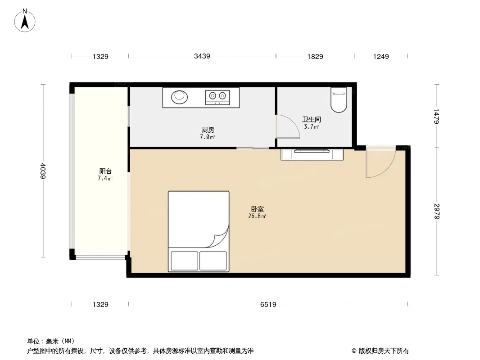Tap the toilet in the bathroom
[339, 100]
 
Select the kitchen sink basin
[179, 97]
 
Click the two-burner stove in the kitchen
[217, 97]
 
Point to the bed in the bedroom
[199, 232]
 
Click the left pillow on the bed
[184, 261]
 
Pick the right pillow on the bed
[213, 261]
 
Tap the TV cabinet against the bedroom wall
[312, 154]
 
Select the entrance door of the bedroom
[381, 162]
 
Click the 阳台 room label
[105, 171]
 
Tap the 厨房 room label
[208, 130]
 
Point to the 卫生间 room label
[312, 119]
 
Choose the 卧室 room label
[258, 209]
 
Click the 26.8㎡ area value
[257, 216]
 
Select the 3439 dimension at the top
[202, 56]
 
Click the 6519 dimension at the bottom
[268, 304]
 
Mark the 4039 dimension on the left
[43, 171]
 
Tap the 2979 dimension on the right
[437, 211]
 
